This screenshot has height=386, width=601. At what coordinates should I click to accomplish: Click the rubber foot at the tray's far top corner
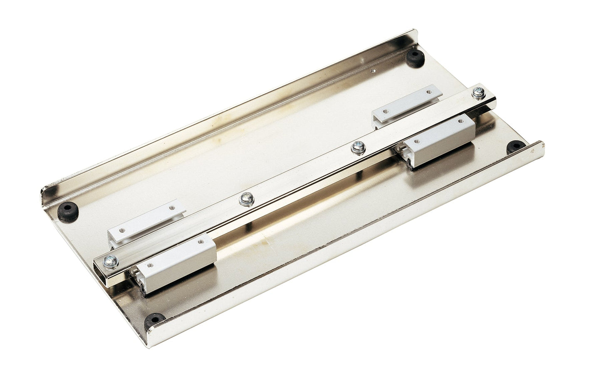coord(415,58)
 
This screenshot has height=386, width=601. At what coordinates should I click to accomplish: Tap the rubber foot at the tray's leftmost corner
coord(69,209)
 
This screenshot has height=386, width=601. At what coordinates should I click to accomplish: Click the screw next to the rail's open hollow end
coord(111,261)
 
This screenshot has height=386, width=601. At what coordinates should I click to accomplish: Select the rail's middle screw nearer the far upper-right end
coord(356,147)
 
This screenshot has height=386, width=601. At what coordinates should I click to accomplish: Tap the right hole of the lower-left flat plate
coord(170,207)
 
